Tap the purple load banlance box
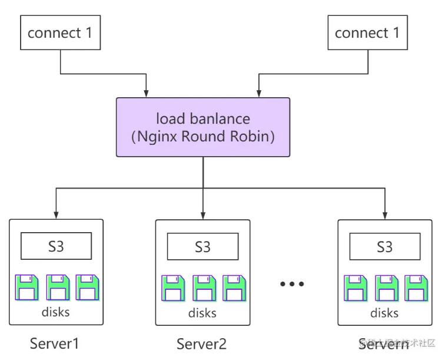(202, 127)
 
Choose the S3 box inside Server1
(56, 246)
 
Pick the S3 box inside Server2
(202, 246)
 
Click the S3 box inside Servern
(385, 246)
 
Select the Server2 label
(201, 344)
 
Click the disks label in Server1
(56, 312)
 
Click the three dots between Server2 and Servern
(292, 284)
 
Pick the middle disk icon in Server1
(57, 287)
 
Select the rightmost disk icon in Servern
(414, 288)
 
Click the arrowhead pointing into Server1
(56, 213)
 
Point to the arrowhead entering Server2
(202, 213)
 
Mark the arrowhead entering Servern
(385, 213)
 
